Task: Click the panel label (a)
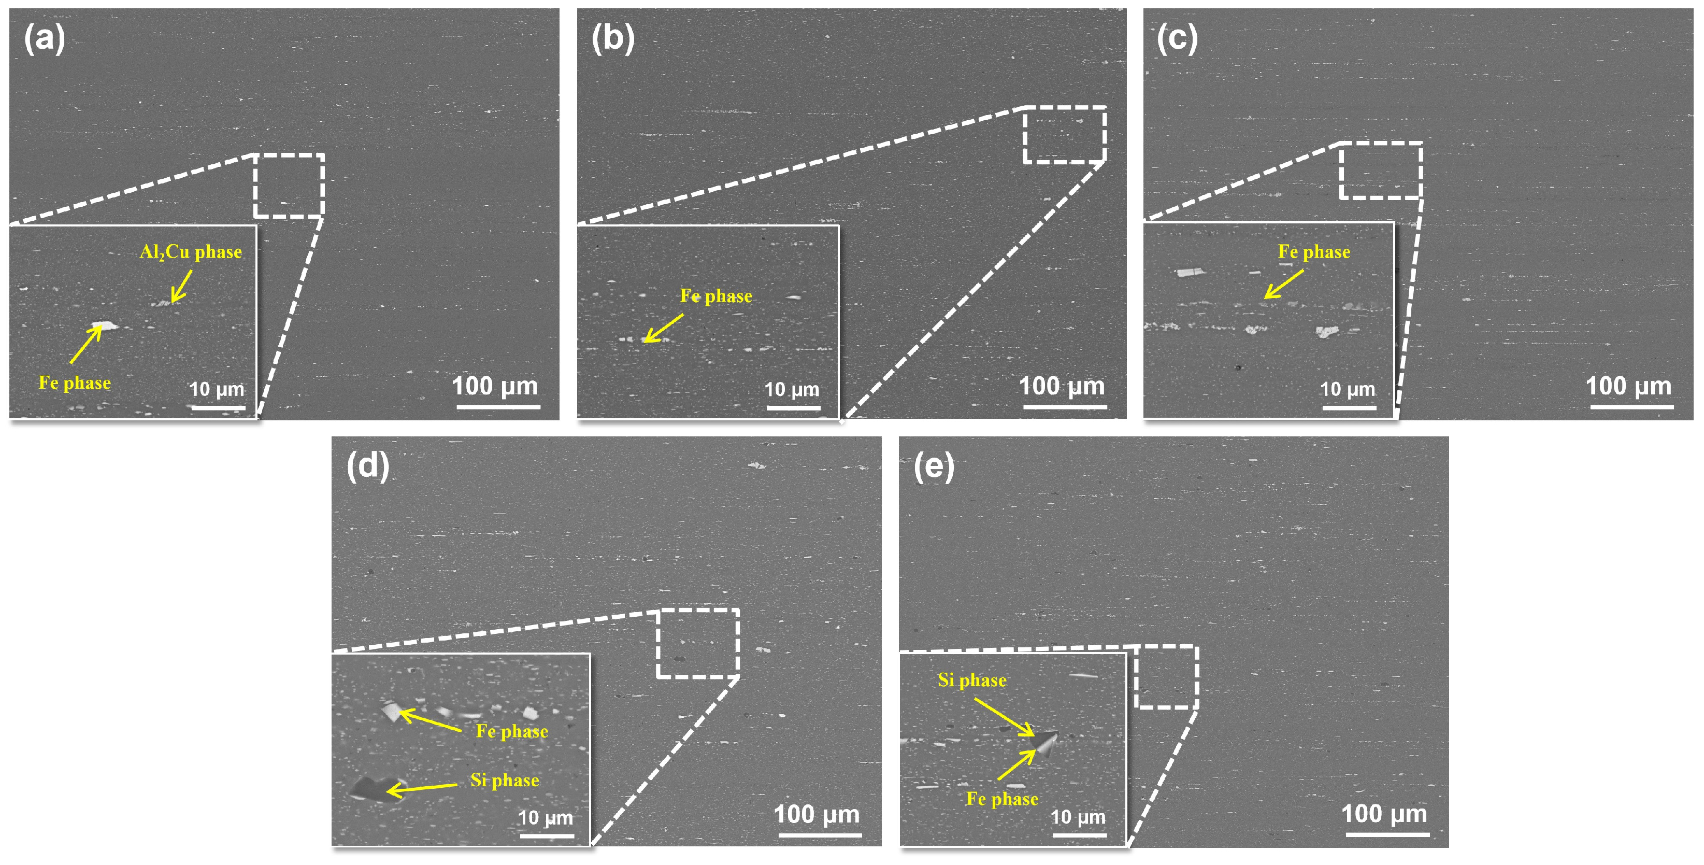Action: pyautogui.click(x=45, y=38)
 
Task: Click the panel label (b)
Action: pyautogui.click(x=612, y=38)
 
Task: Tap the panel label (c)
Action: pyautogui.click(x=1177, y=38)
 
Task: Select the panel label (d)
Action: pyautogui.click(x=368, y=466)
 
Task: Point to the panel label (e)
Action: pyautogui.click(x=934, y=466)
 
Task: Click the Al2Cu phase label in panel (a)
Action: pyautogui.click(x=191, y=252)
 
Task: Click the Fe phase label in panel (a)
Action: pyautogui.click(x=75, y=383)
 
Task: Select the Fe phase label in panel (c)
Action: pyautogui.click(x=1314, y=252)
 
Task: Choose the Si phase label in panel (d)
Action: pyautogui.click(x=505, y=781)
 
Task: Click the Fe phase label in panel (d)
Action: pyautogui.click(x=512, y=731)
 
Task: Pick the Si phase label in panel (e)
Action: pyautogui.click(x=972, y=680)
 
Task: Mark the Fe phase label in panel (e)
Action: pyautogui.click(x=1002, y=799)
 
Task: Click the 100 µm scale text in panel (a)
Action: pyautogui.click(x=495, y=386)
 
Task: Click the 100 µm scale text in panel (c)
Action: pyautogui.click(x=1628, y=386)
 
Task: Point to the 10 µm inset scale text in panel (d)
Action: pyautogui.click(x=545, y=817)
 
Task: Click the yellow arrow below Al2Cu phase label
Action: pyautogui.click(x=181, y=287)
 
